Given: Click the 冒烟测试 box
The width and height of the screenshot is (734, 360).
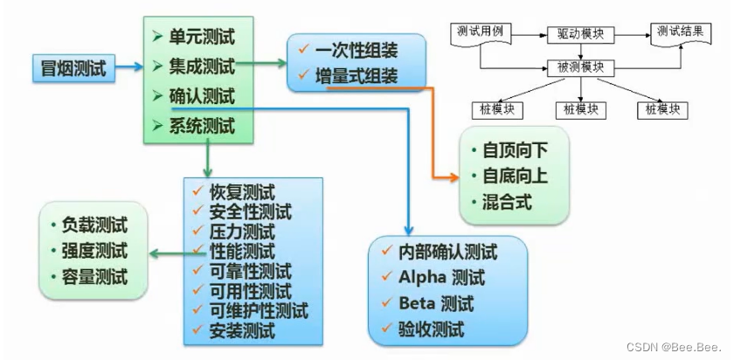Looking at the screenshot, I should [74, 67].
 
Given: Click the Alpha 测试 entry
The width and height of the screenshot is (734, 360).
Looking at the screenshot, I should [437, 279].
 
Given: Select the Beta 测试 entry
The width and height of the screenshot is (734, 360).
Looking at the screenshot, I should [435, 304].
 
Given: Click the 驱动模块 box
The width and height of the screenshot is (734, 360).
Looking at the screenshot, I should [581, 35].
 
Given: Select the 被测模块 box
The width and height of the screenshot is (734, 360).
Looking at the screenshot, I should [581, 67].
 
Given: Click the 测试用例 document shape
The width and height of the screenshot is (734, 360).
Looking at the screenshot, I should [481, 34].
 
